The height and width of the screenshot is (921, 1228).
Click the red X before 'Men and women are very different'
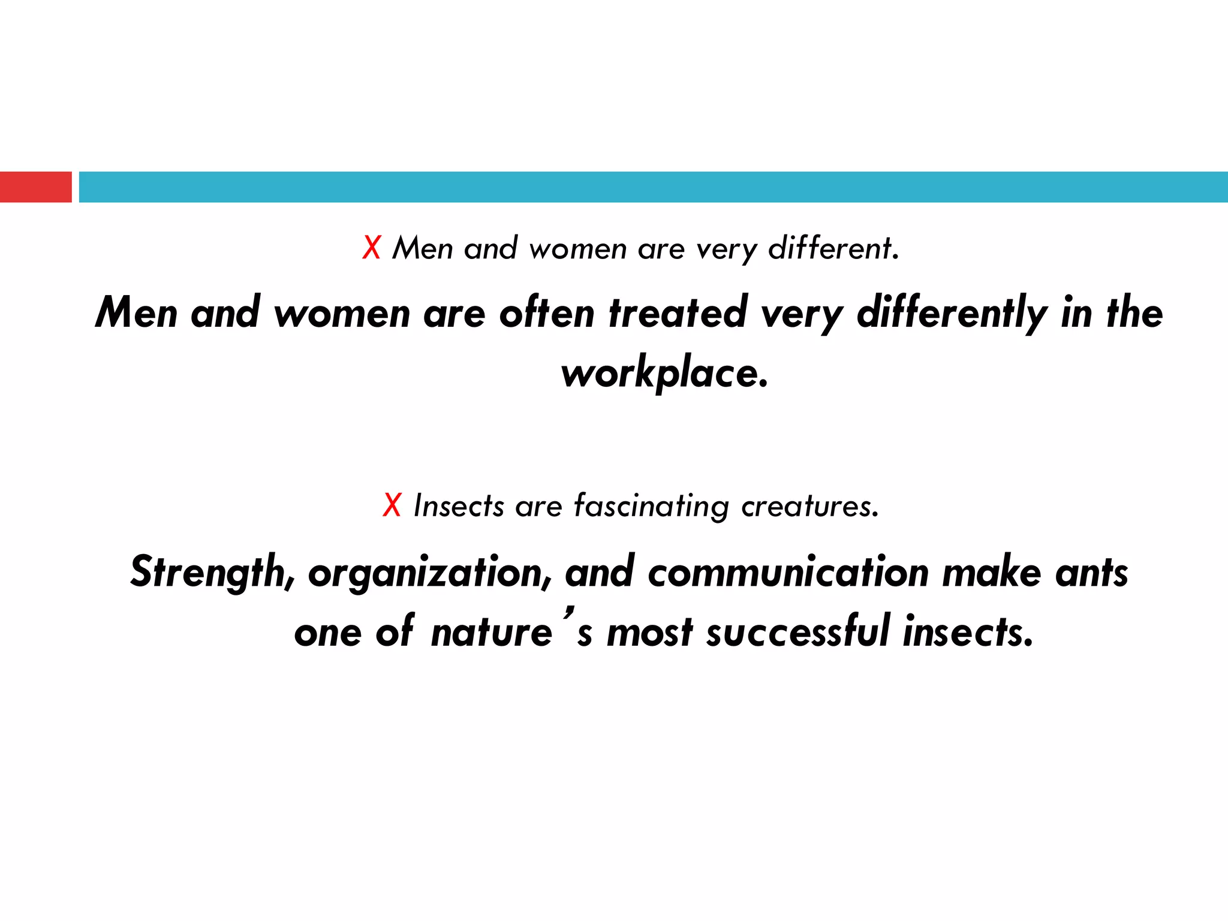click(x=372, y=248)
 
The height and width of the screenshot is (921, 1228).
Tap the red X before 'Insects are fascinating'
click(x=392, y=505)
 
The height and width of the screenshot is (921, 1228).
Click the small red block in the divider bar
click(x=35, y=187)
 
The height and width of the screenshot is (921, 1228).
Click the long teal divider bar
click(x=653, y=187)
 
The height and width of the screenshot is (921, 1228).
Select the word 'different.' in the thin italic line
click(x=834, y=248)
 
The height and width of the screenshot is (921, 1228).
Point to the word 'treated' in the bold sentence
click(x=678, y=312)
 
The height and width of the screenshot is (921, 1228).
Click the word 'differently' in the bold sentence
click(x=952, y=314)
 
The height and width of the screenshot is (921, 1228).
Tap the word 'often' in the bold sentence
click(x=546, y=312)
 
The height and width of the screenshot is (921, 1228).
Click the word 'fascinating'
click(x=651, y=506)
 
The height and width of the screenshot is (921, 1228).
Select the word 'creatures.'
click(x=810, y=506)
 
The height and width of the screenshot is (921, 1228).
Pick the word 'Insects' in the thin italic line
click(x=459, y=505)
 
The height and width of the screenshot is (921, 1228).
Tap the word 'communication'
click(x=788, y=573)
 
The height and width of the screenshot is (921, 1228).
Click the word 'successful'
click(x=797, y=632)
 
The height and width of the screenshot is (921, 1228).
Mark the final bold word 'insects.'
click(x=968, y=632)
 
